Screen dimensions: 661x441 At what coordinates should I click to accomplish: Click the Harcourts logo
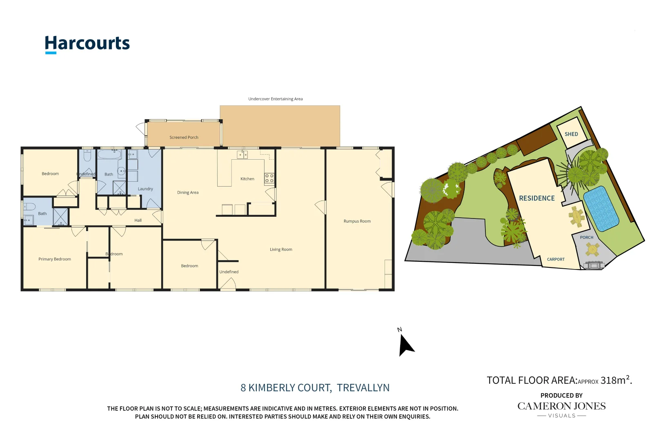pyautogui.click(x=87, y=44)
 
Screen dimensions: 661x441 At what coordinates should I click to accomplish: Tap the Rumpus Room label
pyautogui.click(x=357, y=221)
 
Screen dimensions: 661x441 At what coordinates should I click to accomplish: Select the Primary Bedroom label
pyautogui.click(x=55, y=259)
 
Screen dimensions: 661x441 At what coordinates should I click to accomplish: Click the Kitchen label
pyautogui.click(x=247, y=179)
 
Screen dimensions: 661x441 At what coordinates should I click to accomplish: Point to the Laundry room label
pyautogui.click(x=145, y=189)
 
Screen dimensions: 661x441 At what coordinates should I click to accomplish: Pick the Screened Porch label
pyautogui.click(x=184, y=137)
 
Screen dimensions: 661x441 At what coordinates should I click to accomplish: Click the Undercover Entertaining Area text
pyautogui.click(x=275, y=99)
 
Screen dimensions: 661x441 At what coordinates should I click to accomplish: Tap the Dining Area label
pyautogui.click(x=188, y=192)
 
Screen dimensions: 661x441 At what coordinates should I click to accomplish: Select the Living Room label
pyautogui.click(x=281, y=249)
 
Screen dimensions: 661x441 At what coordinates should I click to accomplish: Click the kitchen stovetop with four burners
pyautogui.click(x=269, y=178)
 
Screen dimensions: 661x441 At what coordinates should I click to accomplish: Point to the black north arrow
pyautogui.click(x=406, y=345)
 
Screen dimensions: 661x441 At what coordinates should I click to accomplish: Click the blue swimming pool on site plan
pyautogui.click(x=601, y=208)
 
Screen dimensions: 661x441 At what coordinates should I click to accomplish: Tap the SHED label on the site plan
pyautogui.click(x=571, y=134)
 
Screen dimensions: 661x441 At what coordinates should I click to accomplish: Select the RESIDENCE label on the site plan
pyautogui.click(x=537, y=198)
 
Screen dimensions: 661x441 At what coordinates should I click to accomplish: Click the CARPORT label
pyautogui.click(x=556, y=259)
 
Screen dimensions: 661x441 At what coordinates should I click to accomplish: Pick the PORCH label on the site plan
pyautogui.click(x=587, y=237)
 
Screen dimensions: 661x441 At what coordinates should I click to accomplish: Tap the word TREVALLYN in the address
pyautogui.click(x=363, y=388)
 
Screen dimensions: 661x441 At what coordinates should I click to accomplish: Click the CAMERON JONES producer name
pyautogui.click(x=561, y=406)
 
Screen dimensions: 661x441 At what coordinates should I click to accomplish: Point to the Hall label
pyautogui.click(x=138, y=220)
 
